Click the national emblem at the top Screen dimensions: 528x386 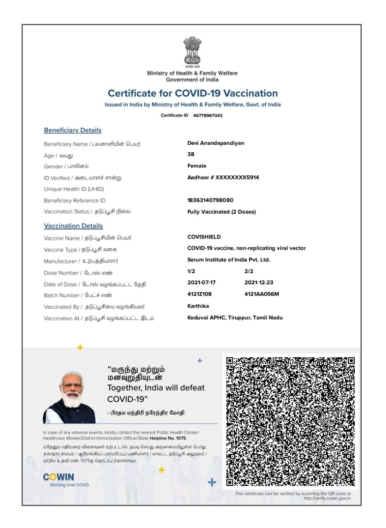pos(192,51)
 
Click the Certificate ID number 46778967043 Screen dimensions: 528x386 pos(208,115)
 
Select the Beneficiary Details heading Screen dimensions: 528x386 pos(73,130)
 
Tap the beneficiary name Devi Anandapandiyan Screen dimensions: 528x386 pos(215,143)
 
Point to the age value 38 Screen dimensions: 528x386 pos(191,154)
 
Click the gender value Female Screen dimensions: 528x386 pos(197,166)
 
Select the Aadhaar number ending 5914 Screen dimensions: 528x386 pos(223,177)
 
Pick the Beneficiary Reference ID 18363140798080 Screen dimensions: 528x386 pos(210,200)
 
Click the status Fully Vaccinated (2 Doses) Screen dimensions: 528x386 pos(221,212)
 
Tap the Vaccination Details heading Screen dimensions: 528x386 pos(73,226)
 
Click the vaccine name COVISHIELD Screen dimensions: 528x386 pos(204,237)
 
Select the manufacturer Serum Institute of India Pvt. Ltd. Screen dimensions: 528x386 pos(229,260)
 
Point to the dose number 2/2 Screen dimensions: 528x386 pos(249,271)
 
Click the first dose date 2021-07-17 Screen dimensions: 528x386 pos(201,283)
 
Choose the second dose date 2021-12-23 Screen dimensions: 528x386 pos(259,283)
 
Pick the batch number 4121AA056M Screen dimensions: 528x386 pos(262,294)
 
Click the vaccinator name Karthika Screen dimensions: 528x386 pos(198,306)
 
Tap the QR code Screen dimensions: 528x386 pos(290,421)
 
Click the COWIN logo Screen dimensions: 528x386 pos(59,477)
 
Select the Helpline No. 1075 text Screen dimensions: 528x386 pos(168,438)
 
